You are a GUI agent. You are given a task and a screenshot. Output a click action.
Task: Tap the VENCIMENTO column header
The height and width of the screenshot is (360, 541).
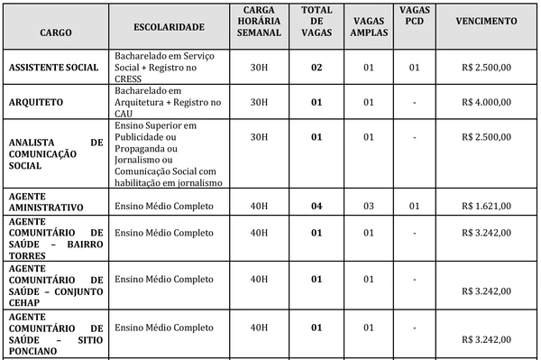(487, 20)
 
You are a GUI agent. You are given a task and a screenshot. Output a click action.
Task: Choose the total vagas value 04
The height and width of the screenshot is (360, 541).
(316, 206)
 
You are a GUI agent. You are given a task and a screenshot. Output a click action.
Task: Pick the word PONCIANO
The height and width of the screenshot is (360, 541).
(32, 351)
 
